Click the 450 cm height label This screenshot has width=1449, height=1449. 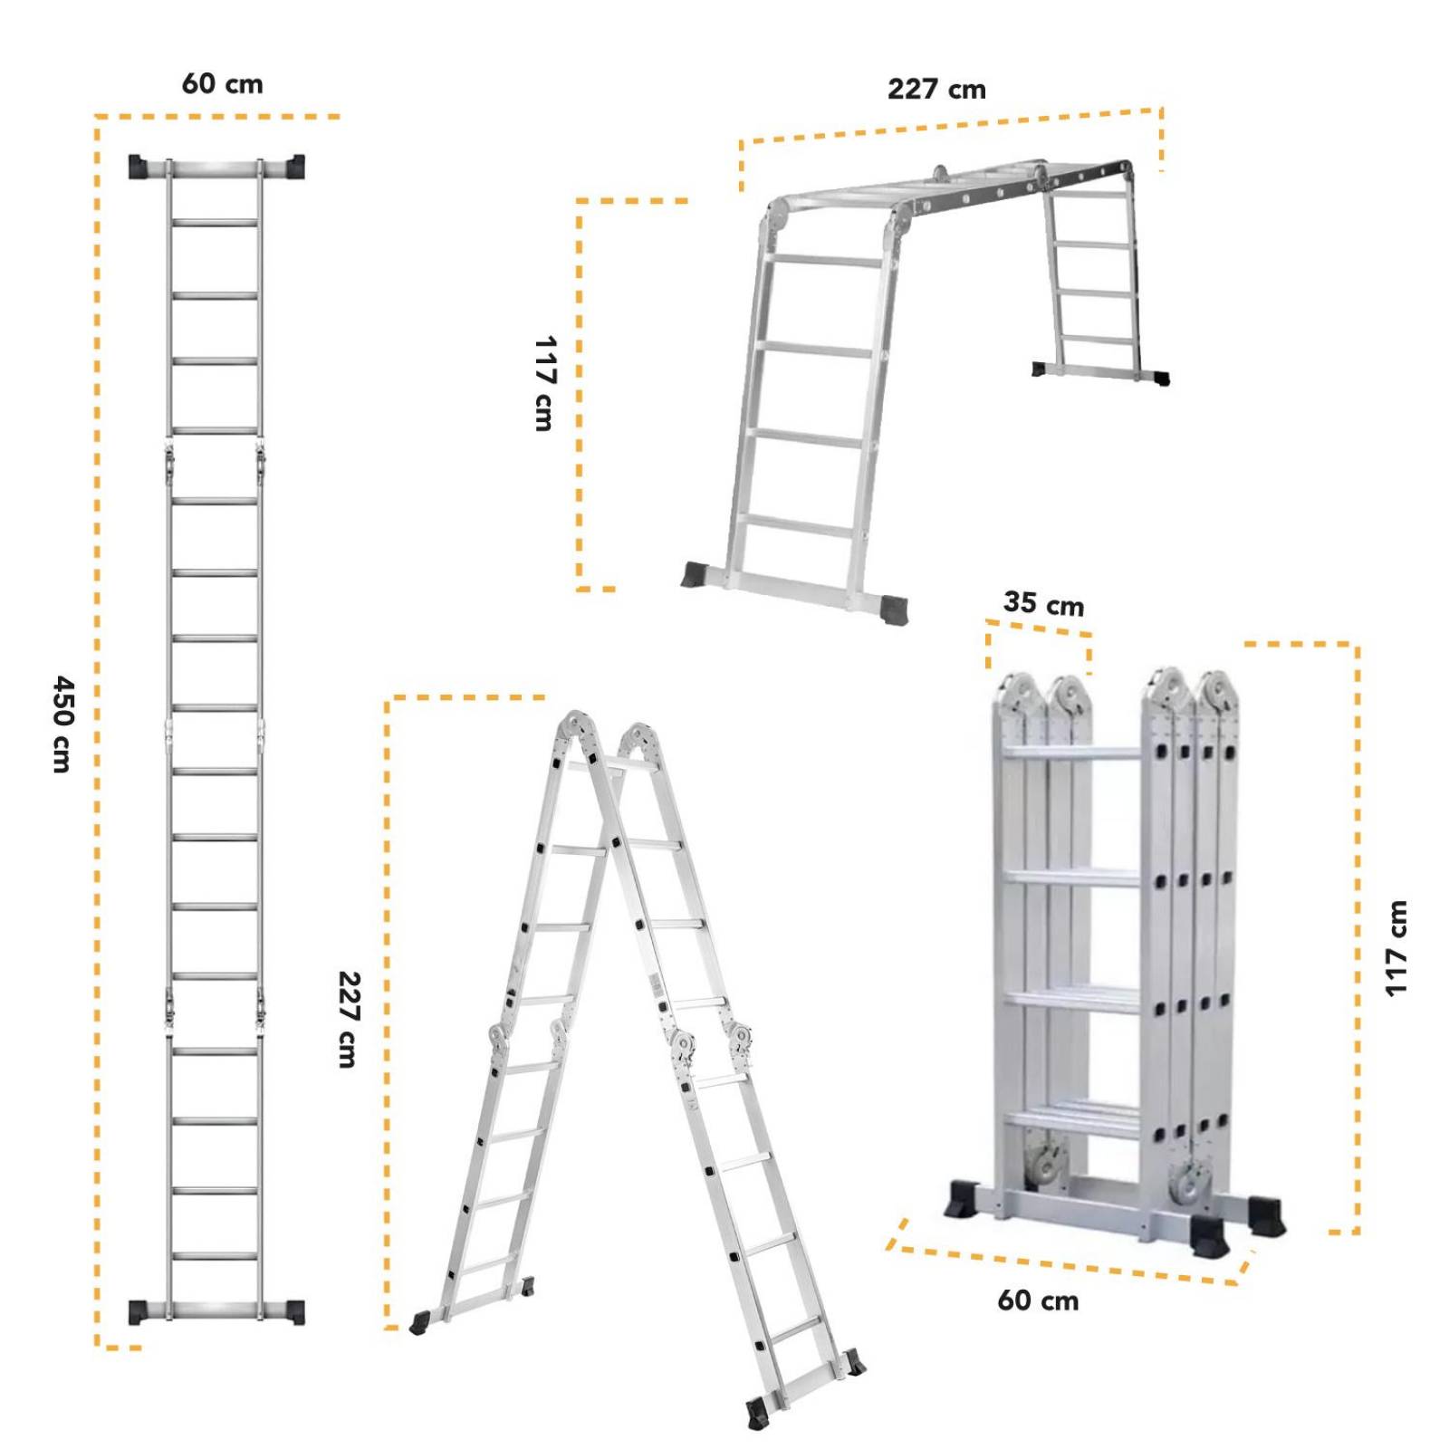(62, 724)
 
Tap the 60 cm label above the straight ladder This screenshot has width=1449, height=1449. (223, 84)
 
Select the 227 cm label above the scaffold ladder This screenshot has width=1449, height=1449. (936, 90)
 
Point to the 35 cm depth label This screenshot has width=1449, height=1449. (1043, 603)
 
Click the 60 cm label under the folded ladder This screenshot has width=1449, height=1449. (1038, 1301)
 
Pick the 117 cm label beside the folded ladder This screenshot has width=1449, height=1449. (1396, 948)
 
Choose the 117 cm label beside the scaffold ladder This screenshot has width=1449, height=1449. (543, 383)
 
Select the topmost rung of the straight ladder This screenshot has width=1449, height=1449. (215, 222)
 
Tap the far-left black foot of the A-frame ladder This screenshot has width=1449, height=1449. (419, 1323)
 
